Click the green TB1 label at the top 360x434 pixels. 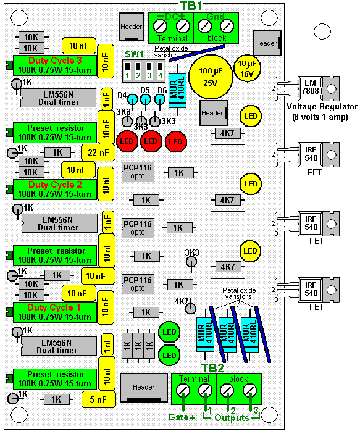pos(191,6)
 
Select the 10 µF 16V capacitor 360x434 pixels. pos(247,69)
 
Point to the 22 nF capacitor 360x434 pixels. pos(98,152)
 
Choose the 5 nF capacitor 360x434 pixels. pos(99,399)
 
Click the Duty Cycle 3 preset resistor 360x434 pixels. pos(55,65)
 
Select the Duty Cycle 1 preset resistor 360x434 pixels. pos(55,312)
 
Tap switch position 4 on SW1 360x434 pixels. pos(160,71)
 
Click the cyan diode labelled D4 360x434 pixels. pos(133,99)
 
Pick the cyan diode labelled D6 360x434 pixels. pos(159,99)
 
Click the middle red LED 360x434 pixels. pos(151,141)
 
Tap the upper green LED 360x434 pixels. pos(169,332)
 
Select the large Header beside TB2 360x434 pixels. pos(144,388)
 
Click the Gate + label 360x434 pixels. pos(182,417)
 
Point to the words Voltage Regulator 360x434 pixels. pos(322,107)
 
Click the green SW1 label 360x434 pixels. pos(134,54)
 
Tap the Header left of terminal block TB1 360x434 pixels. pos(132,27)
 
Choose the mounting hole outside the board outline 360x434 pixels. pos(322,31)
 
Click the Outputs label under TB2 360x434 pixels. pos(232,418)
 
